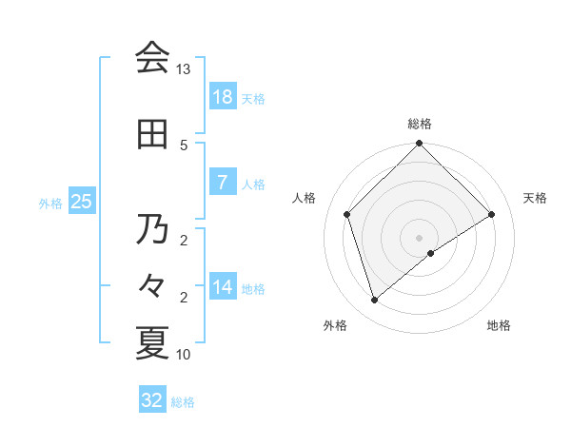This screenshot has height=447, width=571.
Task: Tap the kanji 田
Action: (x=152, y=134)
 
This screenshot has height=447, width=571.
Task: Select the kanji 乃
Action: (x=152, y=229)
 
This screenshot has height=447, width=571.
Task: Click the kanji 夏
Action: (x=152, y=342)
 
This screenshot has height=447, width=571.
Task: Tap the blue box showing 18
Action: (x=223, y=97)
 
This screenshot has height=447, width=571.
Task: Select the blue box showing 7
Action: (x=223, y=183)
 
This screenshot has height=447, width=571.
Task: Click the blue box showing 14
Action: (x=223, y=287)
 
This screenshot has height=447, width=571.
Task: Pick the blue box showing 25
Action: (x=81, y=202)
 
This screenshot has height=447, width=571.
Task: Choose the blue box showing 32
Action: (x=152, y=400)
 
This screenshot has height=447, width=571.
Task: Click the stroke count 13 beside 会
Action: (x=183, y=69)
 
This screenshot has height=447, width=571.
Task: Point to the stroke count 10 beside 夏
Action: (x=183, y=355)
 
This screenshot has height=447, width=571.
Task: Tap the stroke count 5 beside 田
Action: (x=183, y=145)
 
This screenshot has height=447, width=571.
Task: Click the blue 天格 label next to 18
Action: (x=253, y=98)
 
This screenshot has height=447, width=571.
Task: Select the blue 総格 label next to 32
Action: (x=183, y=402)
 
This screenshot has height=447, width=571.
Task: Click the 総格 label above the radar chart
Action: (x=419, y=124)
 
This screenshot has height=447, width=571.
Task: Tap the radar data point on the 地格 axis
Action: (x=431, y=253)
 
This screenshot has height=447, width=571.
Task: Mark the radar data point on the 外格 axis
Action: (x=374, y=301)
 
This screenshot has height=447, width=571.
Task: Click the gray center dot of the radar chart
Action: (x=419, y=237)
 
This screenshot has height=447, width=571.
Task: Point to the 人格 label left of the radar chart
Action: (x=305, y=198)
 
